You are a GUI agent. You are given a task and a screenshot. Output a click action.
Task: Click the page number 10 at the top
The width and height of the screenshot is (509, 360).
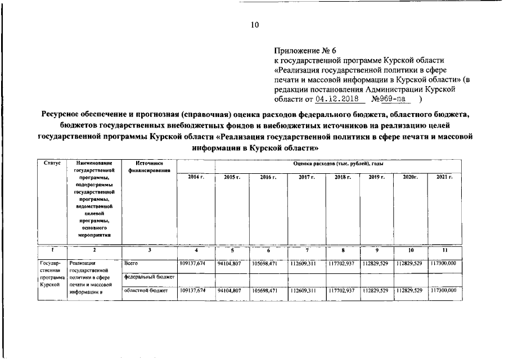coord(255,25)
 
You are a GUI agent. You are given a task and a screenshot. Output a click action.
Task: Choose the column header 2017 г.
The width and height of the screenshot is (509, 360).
coord(307,177)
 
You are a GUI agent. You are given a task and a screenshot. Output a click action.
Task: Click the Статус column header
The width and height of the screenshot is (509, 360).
coord(52,163)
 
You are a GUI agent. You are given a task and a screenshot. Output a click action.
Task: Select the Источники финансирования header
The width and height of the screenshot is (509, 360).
coord(149,166)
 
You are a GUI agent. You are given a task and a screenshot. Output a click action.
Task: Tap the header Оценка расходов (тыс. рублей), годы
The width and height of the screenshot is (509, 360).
coord(338,163)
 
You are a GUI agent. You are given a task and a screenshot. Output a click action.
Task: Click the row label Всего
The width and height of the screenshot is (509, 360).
coord(131,263)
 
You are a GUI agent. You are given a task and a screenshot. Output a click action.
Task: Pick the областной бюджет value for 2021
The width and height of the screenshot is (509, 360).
coord(444,290)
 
